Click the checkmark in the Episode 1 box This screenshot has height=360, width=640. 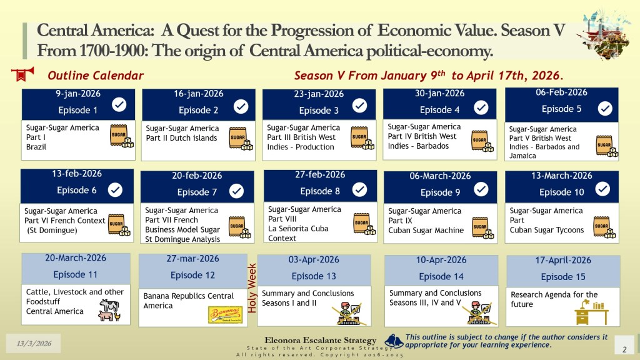click(x=119, y=104)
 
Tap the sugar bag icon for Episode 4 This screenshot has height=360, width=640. click(x=482, y=141)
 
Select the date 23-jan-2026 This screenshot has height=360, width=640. click(x=319, y=94)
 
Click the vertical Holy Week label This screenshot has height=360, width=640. click(x=252, y=288)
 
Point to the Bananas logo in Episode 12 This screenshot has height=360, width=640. click(x=226, y=315)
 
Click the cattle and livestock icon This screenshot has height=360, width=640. click(x=109, y=310)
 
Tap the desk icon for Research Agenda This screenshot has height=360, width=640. click(x=591, y=312)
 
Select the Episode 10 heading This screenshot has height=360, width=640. click(x=562, y=192)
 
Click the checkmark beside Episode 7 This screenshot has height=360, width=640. click(x=236, y=191)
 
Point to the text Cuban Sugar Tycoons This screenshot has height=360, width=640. click(x=546, y=230)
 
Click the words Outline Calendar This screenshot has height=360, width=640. click(x=96, y=76)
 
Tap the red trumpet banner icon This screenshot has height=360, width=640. click(x=22, y=74)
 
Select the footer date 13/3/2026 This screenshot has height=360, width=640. click(x=34, y=344)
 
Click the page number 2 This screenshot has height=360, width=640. click(x=624, y=349)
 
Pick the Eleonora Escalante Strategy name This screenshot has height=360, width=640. click(x=321, y=340)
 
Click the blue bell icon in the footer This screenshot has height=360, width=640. click(x=394, y=341)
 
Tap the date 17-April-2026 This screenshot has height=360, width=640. click(x=563, y=261)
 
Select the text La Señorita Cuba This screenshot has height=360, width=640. click(x=298, y=229)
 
